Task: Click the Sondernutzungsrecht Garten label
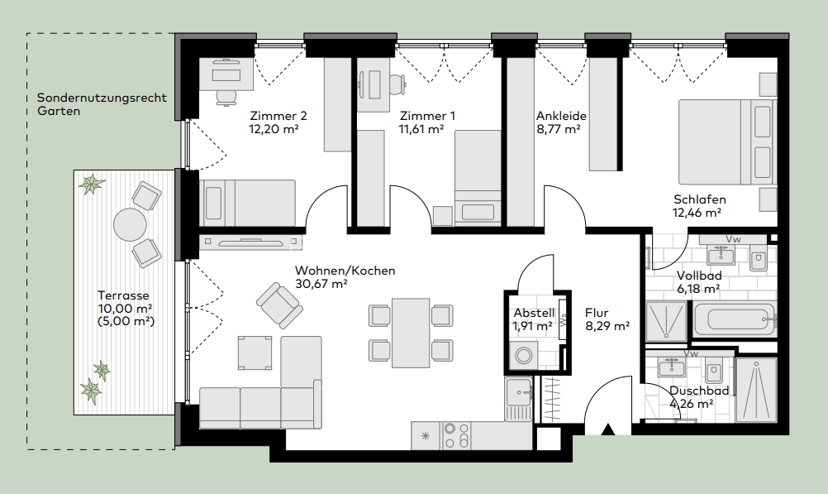coord(102,103)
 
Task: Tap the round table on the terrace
coord(129,223)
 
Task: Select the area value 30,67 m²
coord(321,284)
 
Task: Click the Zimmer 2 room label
coord(278,116)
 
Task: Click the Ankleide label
coord(561,116)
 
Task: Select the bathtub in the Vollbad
coord(734,318)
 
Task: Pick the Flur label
coord(597,313)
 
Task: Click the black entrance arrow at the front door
coord(609,429)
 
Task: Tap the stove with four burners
coord(457,434)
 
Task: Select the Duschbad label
coord(699,391)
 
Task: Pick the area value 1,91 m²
coord(533,327)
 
